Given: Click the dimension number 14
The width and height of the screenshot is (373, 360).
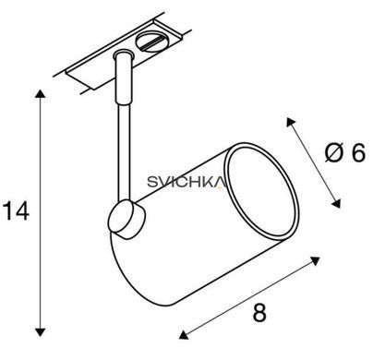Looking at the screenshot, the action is (16, 211).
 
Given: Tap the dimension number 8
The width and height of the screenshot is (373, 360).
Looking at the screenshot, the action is (259, 312).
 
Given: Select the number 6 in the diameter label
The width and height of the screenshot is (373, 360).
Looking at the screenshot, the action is (358, 153).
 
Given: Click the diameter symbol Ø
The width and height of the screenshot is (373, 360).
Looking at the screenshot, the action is (333, 153).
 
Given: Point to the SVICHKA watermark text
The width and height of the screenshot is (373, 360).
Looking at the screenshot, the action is (186, 182).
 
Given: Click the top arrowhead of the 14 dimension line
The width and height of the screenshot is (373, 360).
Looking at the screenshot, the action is (40, 93).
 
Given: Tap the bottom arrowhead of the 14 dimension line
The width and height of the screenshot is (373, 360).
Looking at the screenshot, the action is (40, 332).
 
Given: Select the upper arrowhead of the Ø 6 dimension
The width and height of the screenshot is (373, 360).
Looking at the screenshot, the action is (290, 122).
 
